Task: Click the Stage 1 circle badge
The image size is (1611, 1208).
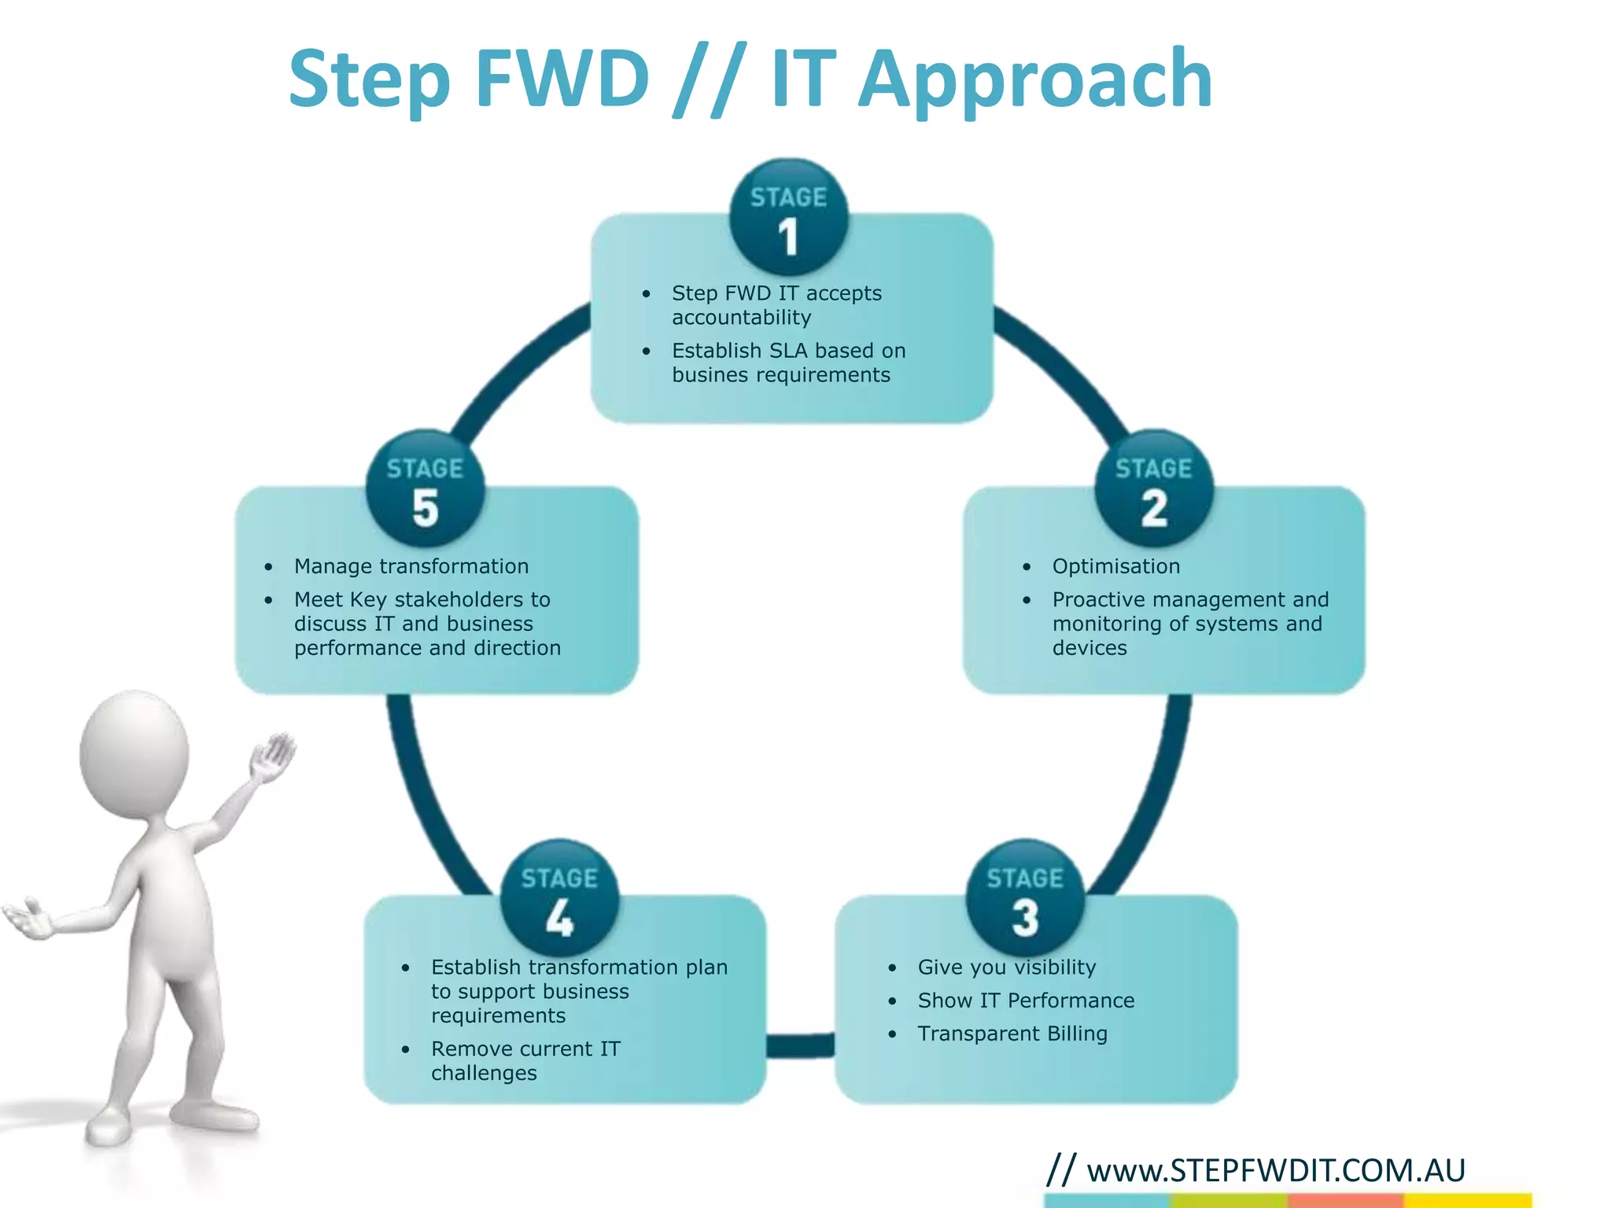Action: pos(788,218)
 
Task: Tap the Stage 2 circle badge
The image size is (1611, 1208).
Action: pos(1153,489)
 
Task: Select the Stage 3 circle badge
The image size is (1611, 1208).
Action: pos(1025,899)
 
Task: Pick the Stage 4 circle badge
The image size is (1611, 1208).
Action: pos(559,899)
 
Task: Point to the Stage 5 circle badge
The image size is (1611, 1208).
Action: pos(425,489)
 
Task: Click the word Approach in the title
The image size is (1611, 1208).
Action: pos(1034,79)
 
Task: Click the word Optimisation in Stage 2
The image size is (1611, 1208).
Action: pos(1115,566)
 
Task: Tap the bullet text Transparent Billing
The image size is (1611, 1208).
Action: pos(1012,1033)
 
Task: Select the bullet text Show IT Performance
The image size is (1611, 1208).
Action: pos(1025,1000)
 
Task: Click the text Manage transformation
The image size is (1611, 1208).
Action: pos(411,566)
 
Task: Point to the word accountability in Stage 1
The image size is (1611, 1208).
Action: pos(741,318)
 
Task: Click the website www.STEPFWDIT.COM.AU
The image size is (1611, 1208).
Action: pos(1275,1170)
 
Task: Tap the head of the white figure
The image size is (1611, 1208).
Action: pos(135,753)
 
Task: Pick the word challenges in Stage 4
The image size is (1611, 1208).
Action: pos(484,1074)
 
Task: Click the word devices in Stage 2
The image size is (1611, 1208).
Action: pos(1089,648)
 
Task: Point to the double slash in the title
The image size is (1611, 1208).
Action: pos(709,80)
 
